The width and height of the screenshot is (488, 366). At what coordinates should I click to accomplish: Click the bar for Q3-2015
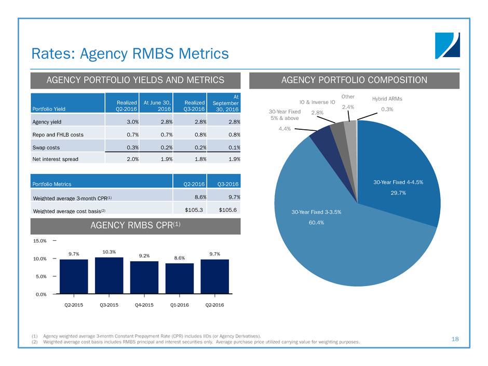coord(109,276)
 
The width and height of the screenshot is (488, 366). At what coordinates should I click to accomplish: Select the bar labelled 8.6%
coord(180,279)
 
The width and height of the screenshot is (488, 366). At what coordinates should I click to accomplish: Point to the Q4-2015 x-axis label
coord(144,305)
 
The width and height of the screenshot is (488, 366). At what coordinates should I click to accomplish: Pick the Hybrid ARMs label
coord(388,99)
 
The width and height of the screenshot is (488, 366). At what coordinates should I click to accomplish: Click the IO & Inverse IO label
coord(320,103)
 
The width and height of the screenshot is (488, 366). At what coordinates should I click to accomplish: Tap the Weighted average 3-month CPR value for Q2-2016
coord(192,196)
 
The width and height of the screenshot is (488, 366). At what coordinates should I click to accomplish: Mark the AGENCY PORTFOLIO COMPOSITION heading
coord(355,80)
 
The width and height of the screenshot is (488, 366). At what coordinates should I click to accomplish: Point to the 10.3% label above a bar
coord(109,252)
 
